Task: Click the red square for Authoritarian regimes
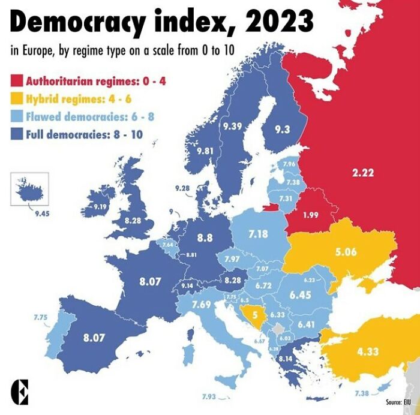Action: [16, 81]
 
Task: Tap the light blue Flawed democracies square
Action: [16, 116]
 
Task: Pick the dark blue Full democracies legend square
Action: [16, 134]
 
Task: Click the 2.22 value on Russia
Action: [363, 173]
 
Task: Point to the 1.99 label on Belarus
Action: [311, 215]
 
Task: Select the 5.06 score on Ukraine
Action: [346, 252]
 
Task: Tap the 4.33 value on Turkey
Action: [367, 351]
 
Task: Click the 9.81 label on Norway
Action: [205, 151]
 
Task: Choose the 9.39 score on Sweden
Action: [232, 126]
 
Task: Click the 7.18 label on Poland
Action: [258, 234]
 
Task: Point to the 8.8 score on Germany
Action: [205, 237]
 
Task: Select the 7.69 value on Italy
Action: [202, 305]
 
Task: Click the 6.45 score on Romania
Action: [300, 294]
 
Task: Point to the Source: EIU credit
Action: [398, 401]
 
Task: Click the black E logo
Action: [20, 392]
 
